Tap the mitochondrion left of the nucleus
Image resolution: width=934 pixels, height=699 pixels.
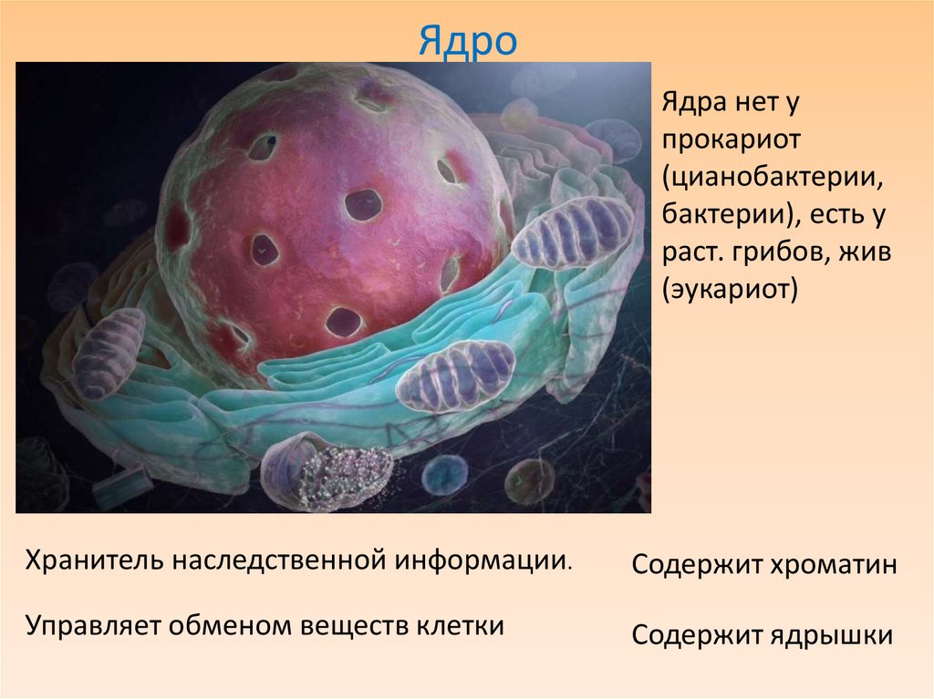coord(108,353)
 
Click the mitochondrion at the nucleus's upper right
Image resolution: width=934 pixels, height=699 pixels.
coord(573,231)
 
